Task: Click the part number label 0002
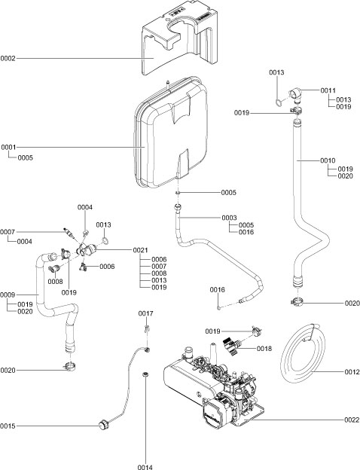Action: click(8, 58)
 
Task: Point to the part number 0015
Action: click(8, 426)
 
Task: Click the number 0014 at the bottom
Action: click(145, 467)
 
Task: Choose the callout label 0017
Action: click(145, 313)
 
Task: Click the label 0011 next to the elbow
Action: click(328, 90)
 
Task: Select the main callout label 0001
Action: click(8, 148)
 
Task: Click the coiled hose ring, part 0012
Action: click(301, 354)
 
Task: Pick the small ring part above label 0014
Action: click(145, 374)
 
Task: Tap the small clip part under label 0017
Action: click(148, 328)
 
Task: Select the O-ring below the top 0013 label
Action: click(279, 98)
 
